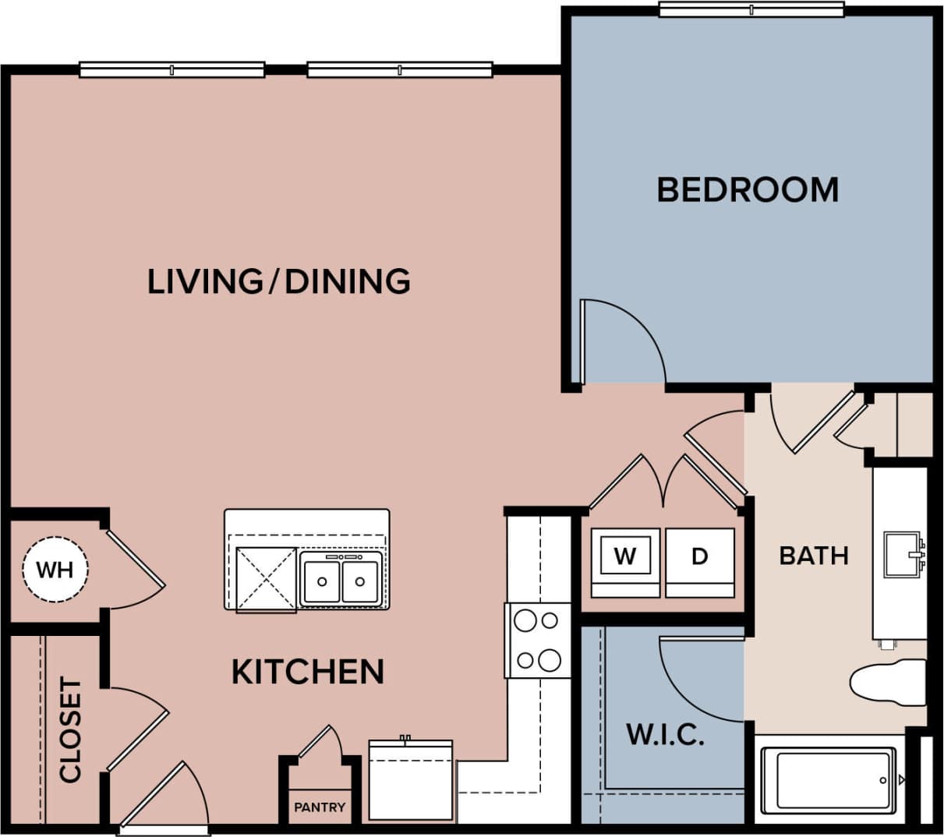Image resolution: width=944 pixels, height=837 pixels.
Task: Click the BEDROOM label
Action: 748,190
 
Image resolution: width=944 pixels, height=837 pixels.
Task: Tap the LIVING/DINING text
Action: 278,281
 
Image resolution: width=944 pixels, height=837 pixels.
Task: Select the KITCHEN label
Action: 308,672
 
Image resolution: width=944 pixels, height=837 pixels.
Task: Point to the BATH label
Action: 814,556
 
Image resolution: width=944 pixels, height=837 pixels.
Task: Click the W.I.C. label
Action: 666,734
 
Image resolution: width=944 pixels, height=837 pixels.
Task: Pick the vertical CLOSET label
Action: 71,729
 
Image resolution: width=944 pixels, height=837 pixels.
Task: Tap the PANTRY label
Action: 320,807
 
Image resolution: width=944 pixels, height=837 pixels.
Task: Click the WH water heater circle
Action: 55,570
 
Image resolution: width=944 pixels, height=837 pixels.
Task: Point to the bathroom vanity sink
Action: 902,554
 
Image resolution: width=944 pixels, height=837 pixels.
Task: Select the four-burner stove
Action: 538,641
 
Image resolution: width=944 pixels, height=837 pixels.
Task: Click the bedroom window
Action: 751,9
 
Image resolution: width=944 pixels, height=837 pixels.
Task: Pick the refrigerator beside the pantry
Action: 411,779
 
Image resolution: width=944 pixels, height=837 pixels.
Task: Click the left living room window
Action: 172,70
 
